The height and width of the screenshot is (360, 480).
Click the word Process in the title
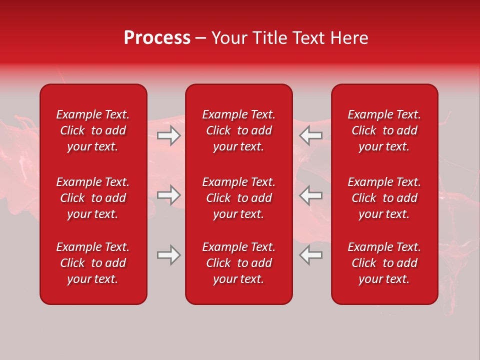tap(157, 38)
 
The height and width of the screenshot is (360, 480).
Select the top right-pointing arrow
tap(168, 135)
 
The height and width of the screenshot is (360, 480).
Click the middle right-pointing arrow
tap(168, 195)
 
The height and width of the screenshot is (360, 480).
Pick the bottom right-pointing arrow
tap(168, 255)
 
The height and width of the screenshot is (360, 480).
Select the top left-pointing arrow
tap(311, 135)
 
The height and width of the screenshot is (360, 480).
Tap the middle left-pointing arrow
tap(311, 195)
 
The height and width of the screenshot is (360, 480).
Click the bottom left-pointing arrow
tap(311, 255)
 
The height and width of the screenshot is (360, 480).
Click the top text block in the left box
tap(93, 130)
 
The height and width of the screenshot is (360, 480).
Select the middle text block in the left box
tap(93, 198)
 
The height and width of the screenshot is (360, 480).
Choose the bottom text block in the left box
tap(93, 263)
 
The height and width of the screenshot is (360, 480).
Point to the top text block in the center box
tap(239, 130)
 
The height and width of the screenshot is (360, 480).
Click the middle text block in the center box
tap(239, 198)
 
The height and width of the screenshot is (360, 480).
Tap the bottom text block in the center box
tap(239, 263)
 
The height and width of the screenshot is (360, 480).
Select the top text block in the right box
tap(384, 130)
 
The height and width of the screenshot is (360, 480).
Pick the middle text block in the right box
tap(384, 198)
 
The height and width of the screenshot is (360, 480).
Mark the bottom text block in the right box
tap(384, 263)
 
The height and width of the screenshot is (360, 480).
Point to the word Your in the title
tap(229, 38)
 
